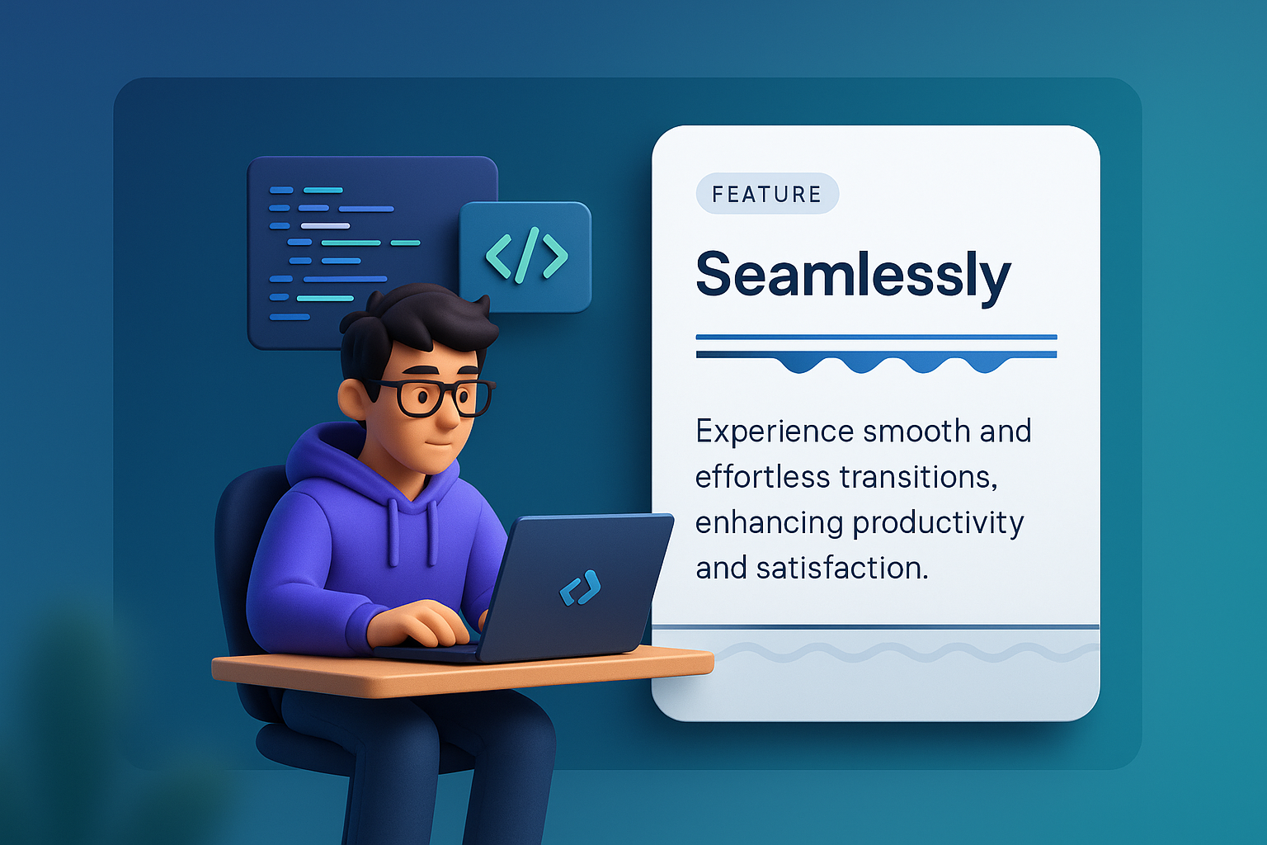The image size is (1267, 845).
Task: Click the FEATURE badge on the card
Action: [x=767, y=194]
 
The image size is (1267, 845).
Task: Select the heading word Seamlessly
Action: [x=853, y=275]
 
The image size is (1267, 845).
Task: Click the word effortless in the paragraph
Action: [x=762, y=477]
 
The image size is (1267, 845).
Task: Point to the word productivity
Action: [x=938, y=523]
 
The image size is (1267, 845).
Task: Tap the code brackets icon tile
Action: [x=525, y=257]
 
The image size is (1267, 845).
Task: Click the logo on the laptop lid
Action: [x=580, y=588]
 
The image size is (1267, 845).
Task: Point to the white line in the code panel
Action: [x=325, y=225]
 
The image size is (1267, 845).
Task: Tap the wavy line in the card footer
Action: [x=891, y=654]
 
